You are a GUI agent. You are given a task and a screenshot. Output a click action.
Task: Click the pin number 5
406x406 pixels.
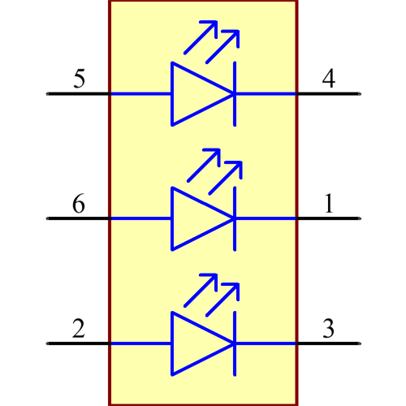(79, 80)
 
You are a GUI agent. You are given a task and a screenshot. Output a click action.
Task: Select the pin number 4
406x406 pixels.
(328, 80)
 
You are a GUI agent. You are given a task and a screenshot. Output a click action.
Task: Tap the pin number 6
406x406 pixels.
(79, 204)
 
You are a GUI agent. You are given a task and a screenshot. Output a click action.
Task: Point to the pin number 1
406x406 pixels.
(329, 204)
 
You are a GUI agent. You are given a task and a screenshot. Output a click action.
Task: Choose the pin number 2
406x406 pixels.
(79, 329)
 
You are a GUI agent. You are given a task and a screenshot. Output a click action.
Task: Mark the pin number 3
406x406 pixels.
(328, 329)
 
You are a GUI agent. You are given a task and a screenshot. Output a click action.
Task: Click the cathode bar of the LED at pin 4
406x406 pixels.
(235, 93)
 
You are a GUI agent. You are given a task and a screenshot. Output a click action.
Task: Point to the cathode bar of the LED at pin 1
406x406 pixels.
(235, 218)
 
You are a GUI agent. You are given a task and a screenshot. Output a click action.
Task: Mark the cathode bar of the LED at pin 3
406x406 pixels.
(235, 343)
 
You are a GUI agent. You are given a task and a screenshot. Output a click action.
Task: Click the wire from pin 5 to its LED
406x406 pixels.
(140, 93)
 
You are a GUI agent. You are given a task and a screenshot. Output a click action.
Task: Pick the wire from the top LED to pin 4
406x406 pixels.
(266, 93)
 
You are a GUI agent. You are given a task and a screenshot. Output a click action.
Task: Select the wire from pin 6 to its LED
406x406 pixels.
(140, 218)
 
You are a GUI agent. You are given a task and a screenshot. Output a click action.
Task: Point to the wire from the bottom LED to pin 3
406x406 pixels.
(266, 343)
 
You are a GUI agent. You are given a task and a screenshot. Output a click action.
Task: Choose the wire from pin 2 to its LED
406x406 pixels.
(140, 343)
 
